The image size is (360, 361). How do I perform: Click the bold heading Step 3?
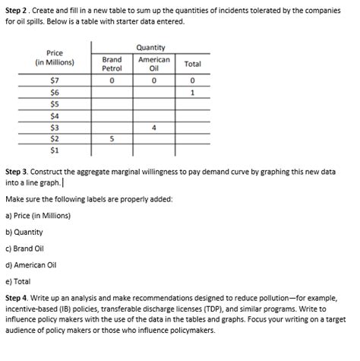[x=18, y=173]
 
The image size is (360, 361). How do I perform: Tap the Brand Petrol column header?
[x=112, y=64]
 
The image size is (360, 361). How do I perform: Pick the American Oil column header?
[x=154, y=64]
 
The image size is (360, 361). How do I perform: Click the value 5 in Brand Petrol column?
[x=112, y=139]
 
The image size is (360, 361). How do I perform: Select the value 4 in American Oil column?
[x=154, y=128]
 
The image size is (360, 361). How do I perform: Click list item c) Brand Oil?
[x=26, y=249]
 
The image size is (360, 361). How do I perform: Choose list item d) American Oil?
[x=31, y=265]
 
